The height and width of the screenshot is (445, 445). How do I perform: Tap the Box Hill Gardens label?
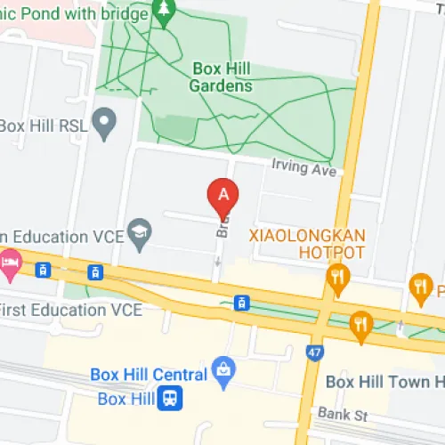222,77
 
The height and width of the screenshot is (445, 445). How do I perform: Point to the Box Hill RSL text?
44,125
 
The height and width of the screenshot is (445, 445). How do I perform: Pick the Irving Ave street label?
305,166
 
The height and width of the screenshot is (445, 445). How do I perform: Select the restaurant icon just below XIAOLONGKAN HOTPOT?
336,277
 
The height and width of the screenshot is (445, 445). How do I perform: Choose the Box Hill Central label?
147,374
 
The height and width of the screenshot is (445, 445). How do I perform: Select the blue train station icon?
167,398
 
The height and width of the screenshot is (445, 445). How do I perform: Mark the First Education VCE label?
70,310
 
